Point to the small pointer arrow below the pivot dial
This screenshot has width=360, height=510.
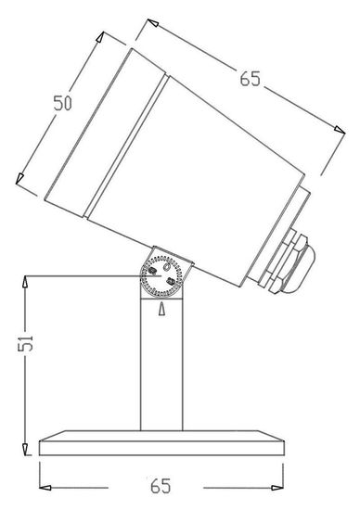162,310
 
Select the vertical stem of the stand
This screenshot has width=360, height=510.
162,371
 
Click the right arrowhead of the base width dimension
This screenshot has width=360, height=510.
279,485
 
